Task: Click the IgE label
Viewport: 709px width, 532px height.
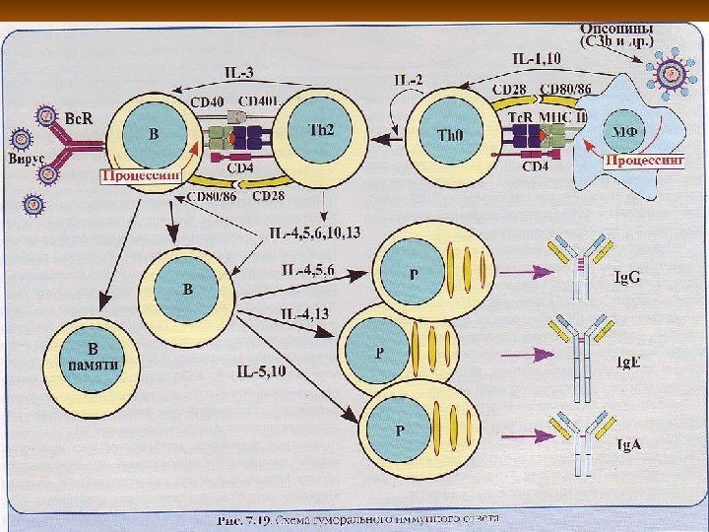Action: (x=627, y=362)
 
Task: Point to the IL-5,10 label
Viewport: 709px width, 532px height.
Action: (x=261, y=371)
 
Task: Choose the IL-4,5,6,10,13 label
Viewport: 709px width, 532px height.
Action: (x=314, y=233)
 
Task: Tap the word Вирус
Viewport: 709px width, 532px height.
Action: (x=28, y=157)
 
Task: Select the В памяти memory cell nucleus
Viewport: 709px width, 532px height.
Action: (x=93, y=354)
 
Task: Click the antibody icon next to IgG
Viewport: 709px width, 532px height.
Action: (x=577, y=266)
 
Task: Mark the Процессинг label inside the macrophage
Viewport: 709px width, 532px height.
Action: (x=643, y=160)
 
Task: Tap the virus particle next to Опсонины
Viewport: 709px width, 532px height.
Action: (x=673, y=72)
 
